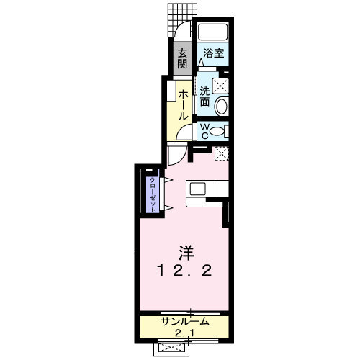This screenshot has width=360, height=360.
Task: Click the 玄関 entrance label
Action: (x=183, y=59)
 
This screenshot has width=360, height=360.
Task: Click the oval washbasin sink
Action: (x=221, y=107)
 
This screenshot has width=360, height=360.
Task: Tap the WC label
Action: (x=204, y=131)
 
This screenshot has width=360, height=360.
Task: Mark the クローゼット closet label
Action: (x=153, y=192)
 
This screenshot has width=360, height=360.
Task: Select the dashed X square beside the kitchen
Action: (x=220, y=153)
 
